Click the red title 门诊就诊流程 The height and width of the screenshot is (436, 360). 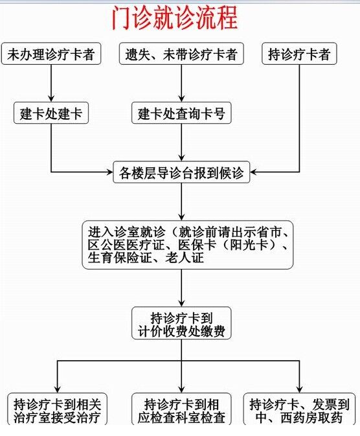(175, 18)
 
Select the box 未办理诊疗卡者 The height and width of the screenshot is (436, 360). (51, 54)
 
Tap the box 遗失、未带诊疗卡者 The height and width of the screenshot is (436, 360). (181, 54)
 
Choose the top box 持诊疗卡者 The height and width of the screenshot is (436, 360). (299, 54)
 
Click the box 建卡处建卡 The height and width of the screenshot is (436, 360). (51, 113)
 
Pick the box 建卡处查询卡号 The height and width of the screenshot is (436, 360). (181, 113)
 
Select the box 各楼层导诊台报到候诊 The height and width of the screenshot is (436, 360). (181, 172)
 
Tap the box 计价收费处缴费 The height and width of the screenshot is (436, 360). (181, 323)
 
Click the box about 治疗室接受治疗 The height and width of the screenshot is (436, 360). (57, 409)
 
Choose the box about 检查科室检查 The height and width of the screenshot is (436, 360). (181, 409)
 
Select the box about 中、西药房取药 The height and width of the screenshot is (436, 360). (299, 409)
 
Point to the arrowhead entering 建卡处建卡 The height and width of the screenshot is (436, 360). (51, 98)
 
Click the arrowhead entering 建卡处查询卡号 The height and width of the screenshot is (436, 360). (181, 98)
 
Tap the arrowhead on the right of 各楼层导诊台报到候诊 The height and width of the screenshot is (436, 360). (254, 172)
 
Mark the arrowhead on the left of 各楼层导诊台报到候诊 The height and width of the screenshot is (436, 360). (110, 172)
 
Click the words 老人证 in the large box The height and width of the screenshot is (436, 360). (185, 258)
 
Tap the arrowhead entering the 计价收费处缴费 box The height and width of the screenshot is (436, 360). (181, 303)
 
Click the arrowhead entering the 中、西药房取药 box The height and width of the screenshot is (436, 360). (299, 389)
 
